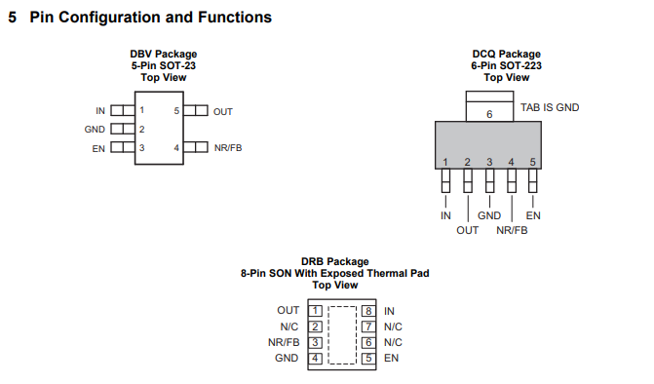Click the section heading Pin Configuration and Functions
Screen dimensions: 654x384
click(x=150, y=18)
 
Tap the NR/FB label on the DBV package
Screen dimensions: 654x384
click(x=228, y=148)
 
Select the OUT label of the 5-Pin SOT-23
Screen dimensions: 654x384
click(x=223, y=112)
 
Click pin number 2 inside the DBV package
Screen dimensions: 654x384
click(x=141, y=130)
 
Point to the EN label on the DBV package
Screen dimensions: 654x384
click(x=98, y=149)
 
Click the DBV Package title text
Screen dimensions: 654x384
click(x=164, y=55)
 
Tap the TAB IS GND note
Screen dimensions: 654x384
click(x=550, y=107)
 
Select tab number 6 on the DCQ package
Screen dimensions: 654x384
click(x=489, y=114)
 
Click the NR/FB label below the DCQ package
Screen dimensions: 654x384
click(x=512, y=231)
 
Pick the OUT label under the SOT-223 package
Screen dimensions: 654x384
click(x=467, y=231)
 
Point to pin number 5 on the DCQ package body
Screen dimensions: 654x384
click(x=532, y=162)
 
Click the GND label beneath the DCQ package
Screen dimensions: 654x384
click(x=489, y=215)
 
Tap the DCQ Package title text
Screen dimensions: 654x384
click(x=507, y=55)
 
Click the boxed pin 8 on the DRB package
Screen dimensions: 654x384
click(x=368, y=311)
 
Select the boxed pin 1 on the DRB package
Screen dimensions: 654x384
click(x=316, y=311)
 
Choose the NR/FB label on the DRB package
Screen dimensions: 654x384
click(x=284, y=342)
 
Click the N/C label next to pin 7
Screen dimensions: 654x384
click(x=393, y=326)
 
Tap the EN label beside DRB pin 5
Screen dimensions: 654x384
click(x=391, y=358)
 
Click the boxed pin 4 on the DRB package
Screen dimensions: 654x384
click(x=316, y=358)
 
